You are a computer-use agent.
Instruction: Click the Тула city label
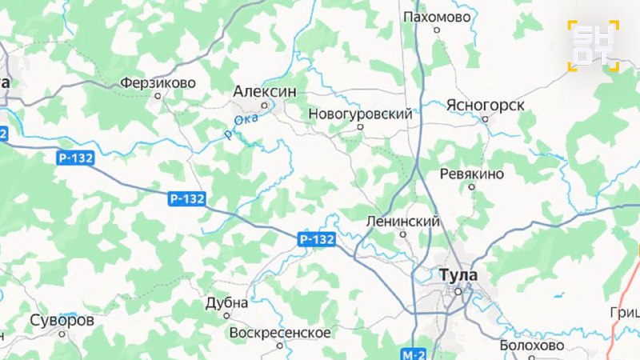pyautogui.click(x=458, y=274)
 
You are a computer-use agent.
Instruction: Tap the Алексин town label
pyautogui.click(x=264, y=92)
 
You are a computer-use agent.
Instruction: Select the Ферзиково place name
pyautogui.click(x=158, y=82)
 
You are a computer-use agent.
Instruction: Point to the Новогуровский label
pyautogui.click(x=360, y=114)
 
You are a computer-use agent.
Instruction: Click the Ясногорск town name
pyautogui.click(x=486, y=105)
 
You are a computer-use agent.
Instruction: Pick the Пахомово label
pyautogui.click(x=436, y=16)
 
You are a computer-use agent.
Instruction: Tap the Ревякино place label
pyautogui.click(x=472, y=174)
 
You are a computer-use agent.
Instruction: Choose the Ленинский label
pyautogui.click(x=402, y=221)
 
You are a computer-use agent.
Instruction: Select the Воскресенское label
pyautogui.click(x=279, y=332)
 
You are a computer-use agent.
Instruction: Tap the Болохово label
pyautogui.click(x=531, y=346)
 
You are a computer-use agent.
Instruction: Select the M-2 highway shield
pyautogui.click(x=414, y=353)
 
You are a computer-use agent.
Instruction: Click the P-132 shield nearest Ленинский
pyautogui.click(x=317, y=239)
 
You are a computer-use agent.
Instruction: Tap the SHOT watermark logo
pyautogui.click(x=594, y=46)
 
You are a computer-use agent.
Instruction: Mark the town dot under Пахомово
pyautogui.click(x=437, y=30)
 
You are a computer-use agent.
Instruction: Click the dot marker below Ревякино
pyautogui.click(x=472, y=187)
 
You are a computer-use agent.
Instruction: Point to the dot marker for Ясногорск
pyautogui.click(x=485, y=118)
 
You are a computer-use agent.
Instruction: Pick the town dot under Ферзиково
pyautogui.click(x=158, y=95)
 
